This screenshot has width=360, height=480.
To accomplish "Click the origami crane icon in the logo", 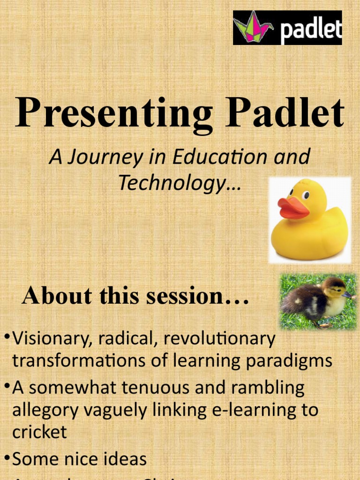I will [253, 27].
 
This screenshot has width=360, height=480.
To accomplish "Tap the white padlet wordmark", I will [311, 30].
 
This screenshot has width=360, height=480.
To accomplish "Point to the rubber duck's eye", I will [306, 195].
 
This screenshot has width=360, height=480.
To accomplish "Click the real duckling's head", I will [334, 286].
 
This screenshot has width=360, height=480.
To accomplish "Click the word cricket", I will [39, 432].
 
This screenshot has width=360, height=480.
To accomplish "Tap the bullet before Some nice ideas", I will [7, 456].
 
